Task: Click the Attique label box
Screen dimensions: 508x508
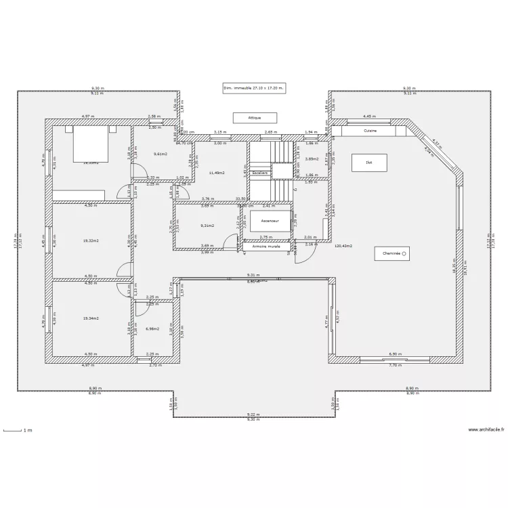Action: point(255,118)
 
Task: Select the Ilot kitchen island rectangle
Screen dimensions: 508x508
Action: point(369,163)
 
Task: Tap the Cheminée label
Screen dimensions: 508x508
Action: point(392,253)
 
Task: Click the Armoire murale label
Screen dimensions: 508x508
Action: point(266,247)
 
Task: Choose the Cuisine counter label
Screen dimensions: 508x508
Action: point(370,131)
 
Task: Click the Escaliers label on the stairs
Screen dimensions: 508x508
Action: point(260,173)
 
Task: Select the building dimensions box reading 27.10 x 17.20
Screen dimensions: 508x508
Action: point(254,88)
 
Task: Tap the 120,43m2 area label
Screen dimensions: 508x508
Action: point(343,247)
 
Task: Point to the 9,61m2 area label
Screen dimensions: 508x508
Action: point(160,154)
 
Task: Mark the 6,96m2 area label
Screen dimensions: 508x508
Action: point(152,329)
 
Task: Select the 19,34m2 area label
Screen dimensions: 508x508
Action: point(91,318)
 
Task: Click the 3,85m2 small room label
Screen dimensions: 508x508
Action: point(312,158)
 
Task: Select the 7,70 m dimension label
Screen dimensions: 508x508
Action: point(394,364)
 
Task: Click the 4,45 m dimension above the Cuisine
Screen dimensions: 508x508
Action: point(369,117)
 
